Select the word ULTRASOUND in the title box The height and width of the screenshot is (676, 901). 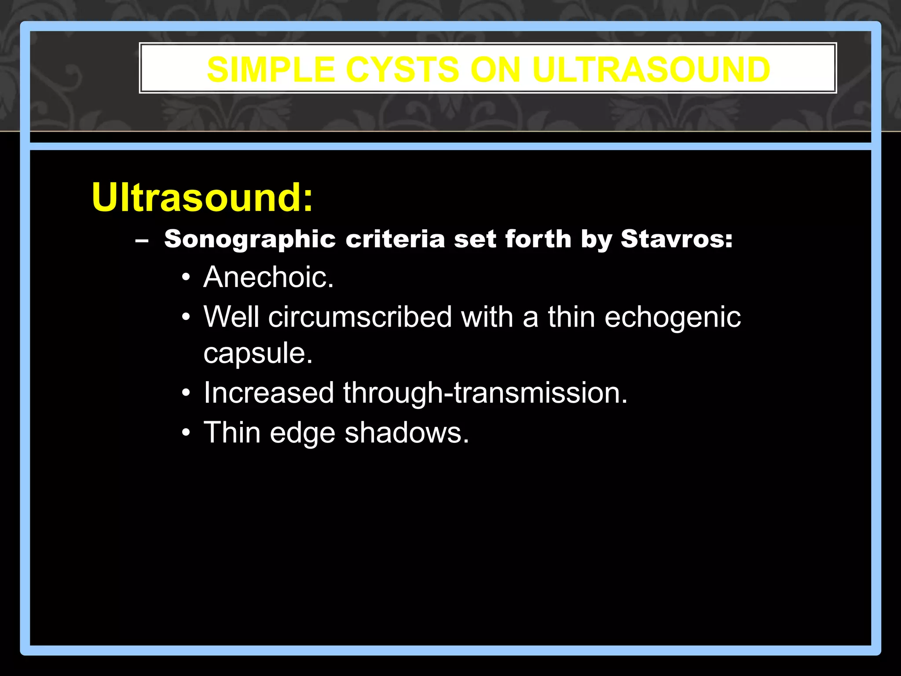coord(651,70)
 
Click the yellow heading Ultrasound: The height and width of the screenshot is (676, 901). coord(202,197)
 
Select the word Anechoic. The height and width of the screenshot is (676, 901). coord(268,277)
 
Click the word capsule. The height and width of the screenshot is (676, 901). coord(258,353)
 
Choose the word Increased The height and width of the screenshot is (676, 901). coord(268,393)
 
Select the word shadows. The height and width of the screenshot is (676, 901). coord(407,433)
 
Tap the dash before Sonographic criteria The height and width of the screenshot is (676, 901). coord(142,241)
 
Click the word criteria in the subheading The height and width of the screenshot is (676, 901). coord(395,239)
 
